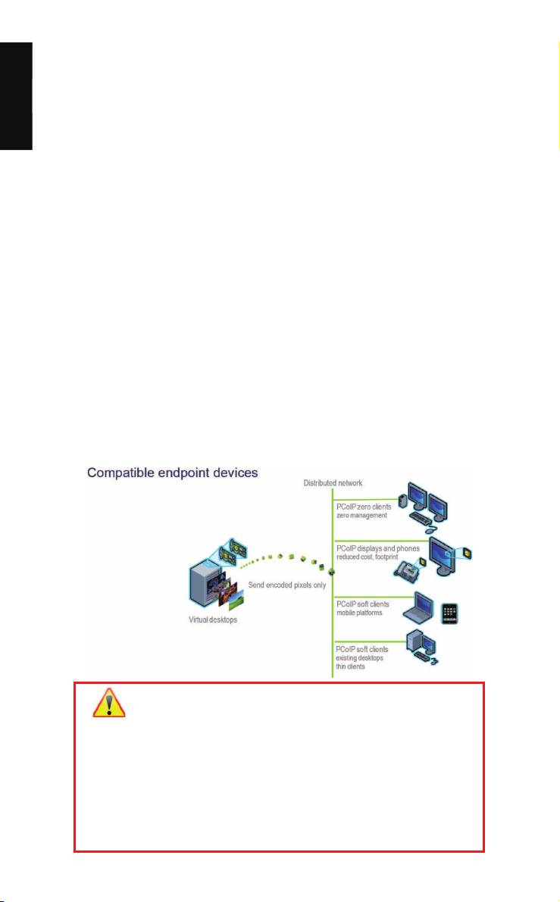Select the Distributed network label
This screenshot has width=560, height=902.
click(333, 483)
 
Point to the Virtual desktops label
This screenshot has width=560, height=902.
click(213, 620)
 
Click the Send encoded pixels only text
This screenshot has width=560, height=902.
click(286, 585)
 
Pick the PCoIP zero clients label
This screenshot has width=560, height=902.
click(364, 507)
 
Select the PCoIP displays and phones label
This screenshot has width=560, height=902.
click(378, 549)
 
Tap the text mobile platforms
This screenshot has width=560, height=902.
click(359, 613)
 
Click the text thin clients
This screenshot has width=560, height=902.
click(351, 666)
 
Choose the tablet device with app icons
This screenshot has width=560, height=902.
click(449, 613)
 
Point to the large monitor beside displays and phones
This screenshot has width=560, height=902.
click(444, 554)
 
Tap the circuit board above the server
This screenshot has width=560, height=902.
click(233, 550)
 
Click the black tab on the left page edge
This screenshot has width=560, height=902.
click(16, 96)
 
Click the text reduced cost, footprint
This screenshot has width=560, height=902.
click(368, 557)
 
